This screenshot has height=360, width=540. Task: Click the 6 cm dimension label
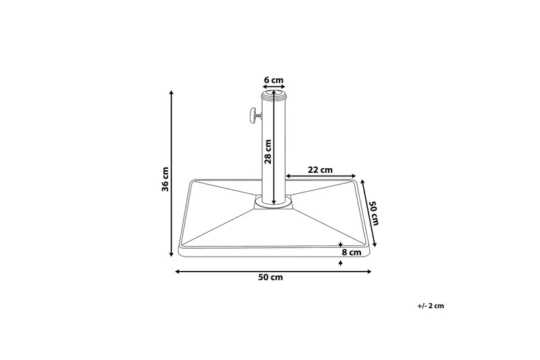[x=273, y=80]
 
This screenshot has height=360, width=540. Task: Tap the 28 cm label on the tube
[x=268, y=151]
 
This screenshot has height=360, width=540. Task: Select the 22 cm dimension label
[x=320, y=170]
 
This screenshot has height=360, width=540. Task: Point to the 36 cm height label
[x=165, y=178]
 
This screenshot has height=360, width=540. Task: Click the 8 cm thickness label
[x=352, y=252]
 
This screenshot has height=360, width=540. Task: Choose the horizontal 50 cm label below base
[x=270, y=278]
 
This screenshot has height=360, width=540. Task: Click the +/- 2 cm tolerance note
[x=431, y=306]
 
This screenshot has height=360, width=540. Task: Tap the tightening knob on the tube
[x=251, y=116]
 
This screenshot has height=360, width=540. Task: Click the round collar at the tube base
[x=273, y=202]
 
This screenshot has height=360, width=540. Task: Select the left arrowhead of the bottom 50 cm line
[x=178, y=272]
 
